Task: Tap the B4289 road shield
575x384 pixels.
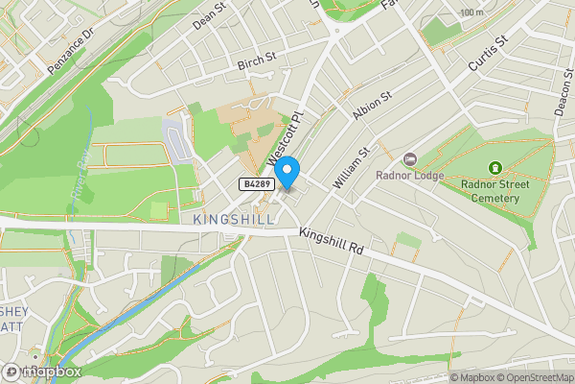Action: click(x=254, y=182)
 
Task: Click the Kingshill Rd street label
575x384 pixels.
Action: click(x=332, y=241)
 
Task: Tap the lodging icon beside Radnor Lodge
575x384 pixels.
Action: click(x=410, y=158)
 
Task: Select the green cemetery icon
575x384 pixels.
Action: click(x=495, y=168)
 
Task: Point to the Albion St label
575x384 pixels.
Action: click(x=373, y=106)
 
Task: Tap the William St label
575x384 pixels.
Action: click(x=351, y=167)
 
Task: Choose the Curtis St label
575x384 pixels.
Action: click(x=486, y=50)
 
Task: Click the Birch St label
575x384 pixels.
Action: click(x=256, y=61)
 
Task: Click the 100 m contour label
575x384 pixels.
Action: click(x=471, y=12)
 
